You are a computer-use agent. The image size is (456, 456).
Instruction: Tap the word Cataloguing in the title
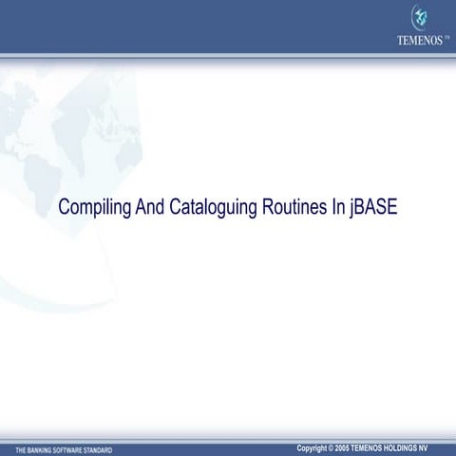tap(214, 207)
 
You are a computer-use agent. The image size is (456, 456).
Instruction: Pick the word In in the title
tap(338, 207)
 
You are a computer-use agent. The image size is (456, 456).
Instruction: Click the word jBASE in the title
tap(373, 207)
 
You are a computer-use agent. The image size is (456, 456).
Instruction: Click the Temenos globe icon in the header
tap(418, 17)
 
